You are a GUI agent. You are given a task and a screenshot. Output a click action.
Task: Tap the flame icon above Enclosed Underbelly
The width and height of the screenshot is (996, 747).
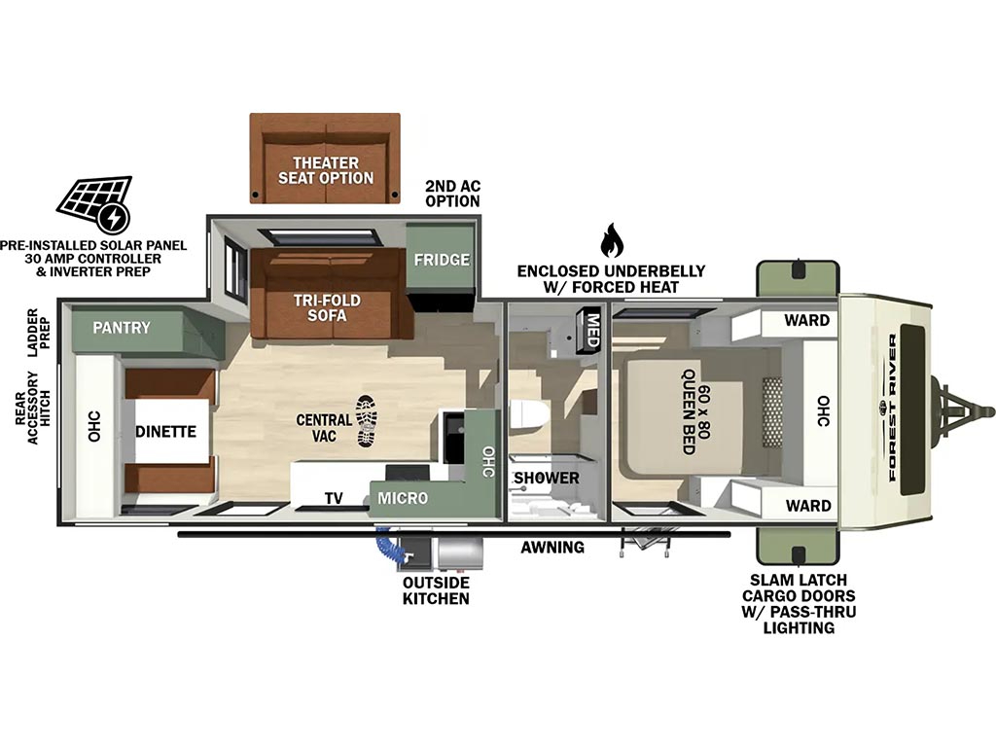click(x=612, y=240)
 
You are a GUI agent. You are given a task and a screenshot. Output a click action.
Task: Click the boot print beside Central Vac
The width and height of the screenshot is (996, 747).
click(x=367, y=421)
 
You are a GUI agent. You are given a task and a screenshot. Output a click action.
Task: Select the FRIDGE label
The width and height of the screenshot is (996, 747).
click(x=442, y=259)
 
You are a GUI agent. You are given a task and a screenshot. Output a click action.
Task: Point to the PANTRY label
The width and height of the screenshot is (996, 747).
click(x=122, y=328)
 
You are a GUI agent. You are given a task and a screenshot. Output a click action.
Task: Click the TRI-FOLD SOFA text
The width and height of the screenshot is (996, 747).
click(x=327, y=307)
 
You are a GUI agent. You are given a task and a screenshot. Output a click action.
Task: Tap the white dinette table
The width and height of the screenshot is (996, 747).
click(x=166, y=431)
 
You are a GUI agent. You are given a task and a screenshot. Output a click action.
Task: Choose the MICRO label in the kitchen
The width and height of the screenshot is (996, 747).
click(x=403, y=498)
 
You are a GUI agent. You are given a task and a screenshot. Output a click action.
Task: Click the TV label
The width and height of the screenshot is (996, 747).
click(x=334, y=499)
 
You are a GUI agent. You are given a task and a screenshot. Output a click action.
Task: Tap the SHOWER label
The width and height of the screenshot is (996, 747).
click(x=547, y=478)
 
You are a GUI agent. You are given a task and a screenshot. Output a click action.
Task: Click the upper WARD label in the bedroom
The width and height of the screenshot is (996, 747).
click(x=806, y=320)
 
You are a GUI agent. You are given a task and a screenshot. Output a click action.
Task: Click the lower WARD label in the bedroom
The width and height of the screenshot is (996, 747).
click(x=808, y=506)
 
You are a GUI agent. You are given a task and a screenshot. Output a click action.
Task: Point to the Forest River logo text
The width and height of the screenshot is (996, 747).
click(x=891, y=408)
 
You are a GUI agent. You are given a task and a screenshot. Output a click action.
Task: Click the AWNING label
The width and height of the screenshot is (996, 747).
click(x=552, y=547)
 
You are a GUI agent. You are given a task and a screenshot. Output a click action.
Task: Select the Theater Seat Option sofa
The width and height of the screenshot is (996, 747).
click(x=325, y=159)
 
